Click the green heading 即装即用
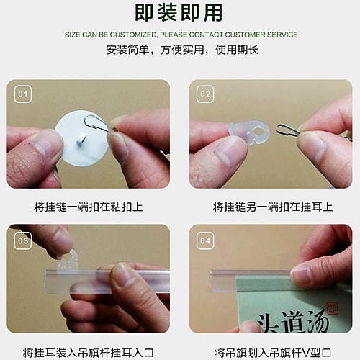point(179,12)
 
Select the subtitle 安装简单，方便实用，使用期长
point(179,50)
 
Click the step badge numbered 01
point(23,94)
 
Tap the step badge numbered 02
point(205,94)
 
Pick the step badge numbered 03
point(23,240)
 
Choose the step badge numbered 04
point(205,240)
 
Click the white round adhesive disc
point(81,137)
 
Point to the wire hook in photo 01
point(96,125)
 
